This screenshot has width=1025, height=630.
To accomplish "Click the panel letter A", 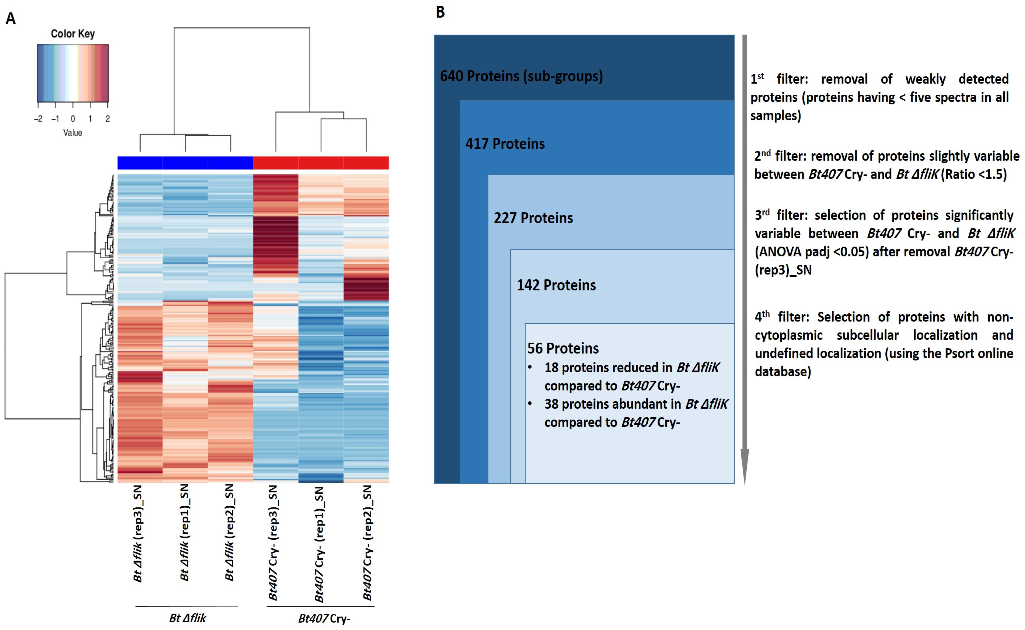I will click(11, 19).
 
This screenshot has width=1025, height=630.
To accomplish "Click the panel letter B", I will click(440, 13).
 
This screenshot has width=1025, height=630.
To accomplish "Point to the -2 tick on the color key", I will click(38, 119).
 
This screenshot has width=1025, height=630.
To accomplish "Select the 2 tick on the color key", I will click(108, 119).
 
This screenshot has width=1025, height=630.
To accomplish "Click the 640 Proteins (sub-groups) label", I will click(521, 76).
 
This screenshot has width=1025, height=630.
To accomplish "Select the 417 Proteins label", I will click(505, 144).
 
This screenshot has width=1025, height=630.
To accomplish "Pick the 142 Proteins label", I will click(556, 286).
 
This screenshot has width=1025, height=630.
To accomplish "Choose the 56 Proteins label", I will click(563, 348).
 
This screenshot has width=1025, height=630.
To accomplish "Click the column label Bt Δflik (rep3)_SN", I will click(138, 533).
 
